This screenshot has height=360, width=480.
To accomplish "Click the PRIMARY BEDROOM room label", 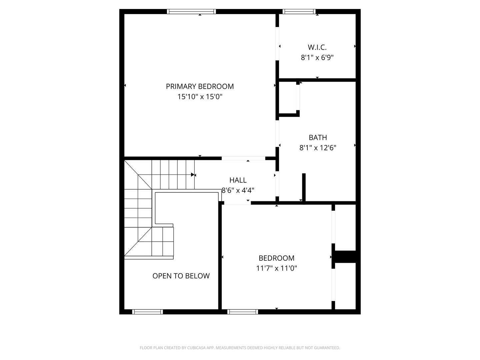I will (200, 86).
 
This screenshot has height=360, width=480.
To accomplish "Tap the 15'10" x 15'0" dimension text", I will (200, 97).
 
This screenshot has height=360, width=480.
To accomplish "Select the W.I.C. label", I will (317, 47).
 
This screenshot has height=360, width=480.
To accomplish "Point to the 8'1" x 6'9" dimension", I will (317, 58).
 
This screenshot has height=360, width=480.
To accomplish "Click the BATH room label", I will (318, 137).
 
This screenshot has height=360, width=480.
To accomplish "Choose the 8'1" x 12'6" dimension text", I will (318, 148).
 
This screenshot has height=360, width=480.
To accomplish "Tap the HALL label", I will (238, 180).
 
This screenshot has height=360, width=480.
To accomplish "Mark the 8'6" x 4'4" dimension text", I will (238, 190).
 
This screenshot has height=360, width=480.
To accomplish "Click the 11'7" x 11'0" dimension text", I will (276, 268).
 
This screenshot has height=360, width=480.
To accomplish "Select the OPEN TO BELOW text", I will (181, 276).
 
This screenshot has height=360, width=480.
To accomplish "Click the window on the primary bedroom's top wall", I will (191, 12).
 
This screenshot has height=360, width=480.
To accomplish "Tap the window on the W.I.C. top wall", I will (299, 12).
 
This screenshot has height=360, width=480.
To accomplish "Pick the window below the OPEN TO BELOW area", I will (148, 312).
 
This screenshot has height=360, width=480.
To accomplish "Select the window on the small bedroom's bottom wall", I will (243, 312).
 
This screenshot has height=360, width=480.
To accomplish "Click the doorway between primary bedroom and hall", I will (243, 158).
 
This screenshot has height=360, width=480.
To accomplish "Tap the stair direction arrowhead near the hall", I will (193, 175).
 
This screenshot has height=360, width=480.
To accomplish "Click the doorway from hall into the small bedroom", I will (237, 203).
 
